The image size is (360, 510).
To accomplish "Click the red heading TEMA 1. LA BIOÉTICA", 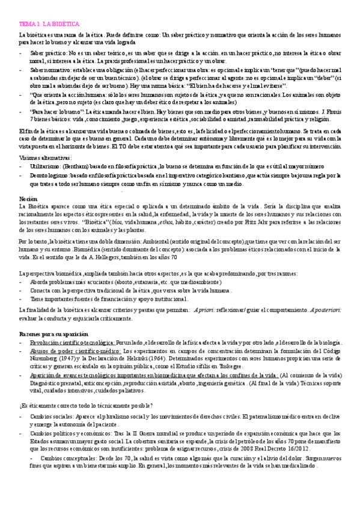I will (x=49, y=23).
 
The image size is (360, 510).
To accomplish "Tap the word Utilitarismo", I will (x=45, y=165).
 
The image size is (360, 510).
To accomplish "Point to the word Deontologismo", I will (x=49, y=176).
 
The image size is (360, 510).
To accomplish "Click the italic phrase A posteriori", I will (x=324, y=309).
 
